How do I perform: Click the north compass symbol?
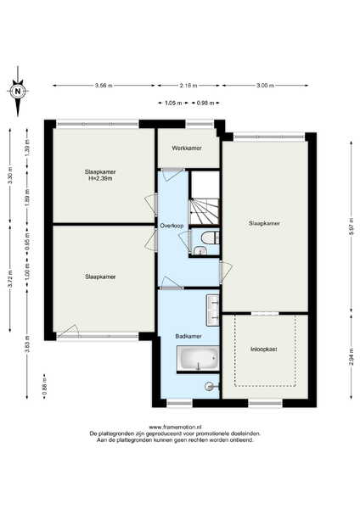tap(18, 92)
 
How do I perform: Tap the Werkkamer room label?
tap(187, 148)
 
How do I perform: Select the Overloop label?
tap(172, 226)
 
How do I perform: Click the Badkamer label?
tap(188, 336)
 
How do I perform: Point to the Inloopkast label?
tap(264, 350)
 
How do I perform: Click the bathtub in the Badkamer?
tap(198, 358)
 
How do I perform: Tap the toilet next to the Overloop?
tap(210, 238)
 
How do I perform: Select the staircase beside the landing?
tap(205, 211)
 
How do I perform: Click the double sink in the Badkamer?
tap(213, 310)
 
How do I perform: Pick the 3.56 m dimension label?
tap(104, 86)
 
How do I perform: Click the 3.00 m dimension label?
tap(265, 86)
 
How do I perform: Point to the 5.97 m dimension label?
tap(352, 227)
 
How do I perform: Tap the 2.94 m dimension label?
tap(352, 356)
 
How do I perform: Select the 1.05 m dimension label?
tap(173, 103)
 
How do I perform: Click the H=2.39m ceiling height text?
tap(100, 178)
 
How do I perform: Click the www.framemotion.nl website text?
tap(175, 428)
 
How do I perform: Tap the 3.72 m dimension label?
tap(9, 279)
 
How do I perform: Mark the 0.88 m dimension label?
tap(44, 386)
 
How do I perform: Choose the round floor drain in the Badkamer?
tap(209, 386)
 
